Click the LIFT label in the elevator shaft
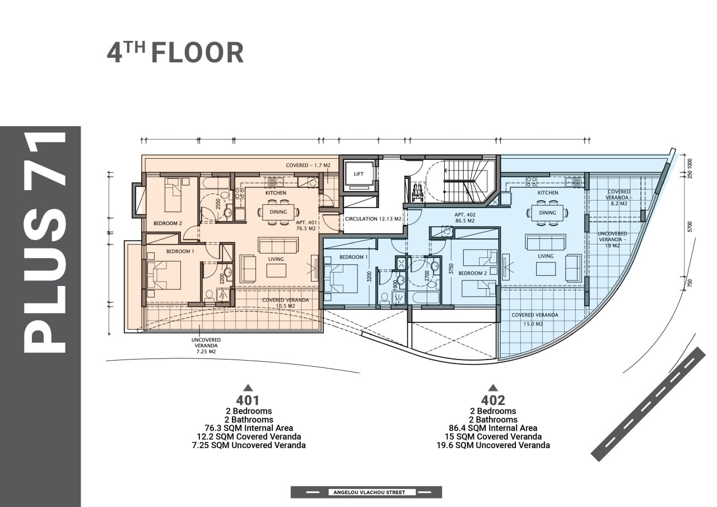(x=358, y=174)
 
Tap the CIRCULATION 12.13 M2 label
(x=373, y=219)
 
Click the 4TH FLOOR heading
(x=175, y=52)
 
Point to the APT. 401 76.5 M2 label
(x=306, y=225)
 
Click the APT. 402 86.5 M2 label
(x=465, y=218)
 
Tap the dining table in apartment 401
(x=278, y=212)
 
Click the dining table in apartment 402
(x=547, y=213)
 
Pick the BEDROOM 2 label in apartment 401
(x=167, y=223)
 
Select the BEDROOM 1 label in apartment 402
(x=353, y=257)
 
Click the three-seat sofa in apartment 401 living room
(x=278, y=245)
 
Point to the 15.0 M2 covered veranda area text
(x=533, y=324)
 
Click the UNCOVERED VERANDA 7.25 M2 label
(x=206, y=345)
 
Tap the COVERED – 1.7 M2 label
(x=308, y=165)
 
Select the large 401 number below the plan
(x=248, y=400)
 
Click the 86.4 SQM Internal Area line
(x=493, y=428)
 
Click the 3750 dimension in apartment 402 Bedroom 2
(x=451, y=269)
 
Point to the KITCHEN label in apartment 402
(x=548, y=192)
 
